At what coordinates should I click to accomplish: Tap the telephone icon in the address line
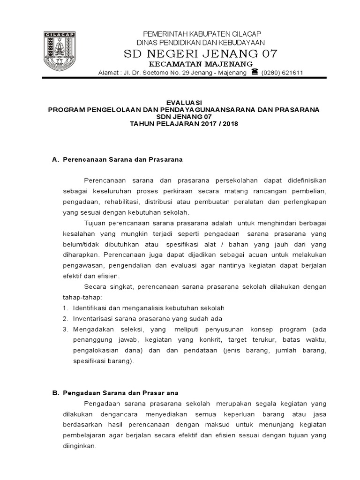255,72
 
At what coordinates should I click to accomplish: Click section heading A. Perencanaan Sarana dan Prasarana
117,159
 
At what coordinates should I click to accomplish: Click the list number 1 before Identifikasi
64,308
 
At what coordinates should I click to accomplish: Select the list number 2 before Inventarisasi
64,318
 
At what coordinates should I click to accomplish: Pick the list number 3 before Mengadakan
64,329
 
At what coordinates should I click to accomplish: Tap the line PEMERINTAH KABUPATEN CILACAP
202,34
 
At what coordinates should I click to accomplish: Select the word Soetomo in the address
167,73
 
